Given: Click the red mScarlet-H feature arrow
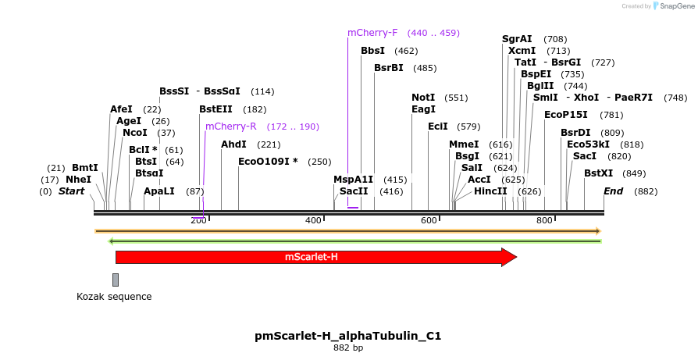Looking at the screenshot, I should point(312,257).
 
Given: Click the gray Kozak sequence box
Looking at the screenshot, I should point(116,280).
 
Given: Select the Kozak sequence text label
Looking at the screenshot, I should point(114,297).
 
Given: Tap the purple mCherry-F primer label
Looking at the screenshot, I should point(372,33).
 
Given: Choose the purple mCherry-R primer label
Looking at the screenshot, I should point(230,127).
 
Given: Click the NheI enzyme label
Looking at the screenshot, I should point(78,180).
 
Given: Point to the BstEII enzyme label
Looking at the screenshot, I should point(215,109).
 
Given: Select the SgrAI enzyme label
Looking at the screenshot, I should point(517,39).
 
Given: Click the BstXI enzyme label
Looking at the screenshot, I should point(599,173).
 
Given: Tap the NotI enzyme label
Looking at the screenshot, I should point(423,98).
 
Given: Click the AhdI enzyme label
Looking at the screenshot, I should point(233,144).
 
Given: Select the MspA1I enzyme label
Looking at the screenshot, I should point(354,180).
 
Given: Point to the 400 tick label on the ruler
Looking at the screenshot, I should point(314,221).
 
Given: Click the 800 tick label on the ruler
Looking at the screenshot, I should point(544,221).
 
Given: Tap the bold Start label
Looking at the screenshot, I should point(71,191).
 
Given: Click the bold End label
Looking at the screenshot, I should point(614,191).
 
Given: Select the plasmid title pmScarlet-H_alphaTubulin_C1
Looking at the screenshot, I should point(348,336).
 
